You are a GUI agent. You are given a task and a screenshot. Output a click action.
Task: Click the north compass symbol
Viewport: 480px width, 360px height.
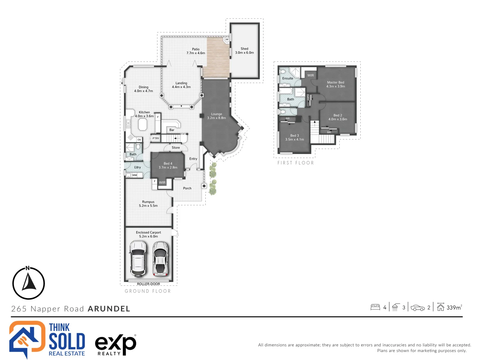29,283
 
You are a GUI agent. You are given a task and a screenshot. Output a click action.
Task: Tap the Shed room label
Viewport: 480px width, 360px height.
244,51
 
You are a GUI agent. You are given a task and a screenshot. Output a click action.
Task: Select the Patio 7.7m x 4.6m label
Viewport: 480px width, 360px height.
196,51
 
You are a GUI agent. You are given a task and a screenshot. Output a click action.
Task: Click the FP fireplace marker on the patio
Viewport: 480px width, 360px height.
227,39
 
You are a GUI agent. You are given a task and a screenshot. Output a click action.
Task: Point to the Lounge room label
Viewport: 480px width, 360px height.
216,116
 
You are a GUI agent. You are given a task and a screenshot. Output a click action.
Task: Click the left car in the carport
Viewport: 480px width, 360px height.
138,259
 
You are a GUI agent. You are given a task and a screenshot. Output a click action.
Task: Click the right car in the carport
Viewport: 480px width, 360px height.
160,259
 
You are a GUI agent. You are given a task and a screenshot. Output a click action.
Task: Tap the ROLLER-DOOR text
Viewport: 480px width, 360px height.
148,284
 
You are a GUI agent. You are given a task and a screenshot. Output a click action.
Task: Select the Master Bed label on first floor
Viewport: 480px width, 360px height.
335,84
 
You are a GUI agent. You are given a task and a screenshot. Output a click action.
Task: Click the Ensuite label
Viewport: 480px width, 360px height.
288,78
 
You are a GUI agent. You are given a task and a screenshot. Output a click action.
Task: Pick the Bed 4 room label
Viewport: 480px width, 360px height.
168,165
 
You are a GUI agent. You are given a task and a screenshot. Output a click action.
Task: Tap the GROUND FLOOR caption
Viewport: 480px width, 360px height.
148,291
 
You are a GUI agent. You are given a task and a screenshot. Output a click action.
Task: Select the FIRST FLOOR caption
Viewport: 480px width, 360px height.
296,163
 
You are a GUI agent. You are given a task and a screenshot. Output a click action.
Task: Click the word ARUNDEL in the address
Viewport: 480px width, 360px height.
109,309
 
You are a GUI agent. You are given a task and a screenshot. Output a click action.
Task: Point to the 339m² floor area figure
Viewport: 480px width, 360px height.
454,307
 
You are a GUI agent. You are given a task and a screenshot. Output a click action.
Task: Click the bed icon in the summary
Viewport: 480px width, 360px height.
375,307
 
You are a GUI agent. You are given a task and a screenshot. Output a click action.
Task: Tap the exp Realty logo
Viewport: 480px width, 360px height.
115,344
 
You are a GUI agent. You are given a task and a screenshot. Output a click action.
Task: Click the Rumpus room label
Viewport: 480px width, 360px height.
148,204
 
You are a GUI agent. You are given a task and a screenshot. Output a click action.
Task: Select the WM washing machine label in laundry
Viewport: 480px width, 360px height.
134,175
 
